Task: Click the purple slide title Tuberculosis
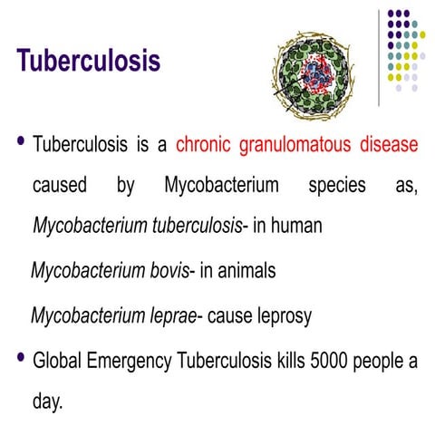[89, 63]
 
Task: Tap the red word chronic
[204, 145]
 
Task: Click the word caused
[61, 187]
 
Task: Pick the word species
[335, 187]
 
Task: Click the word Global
[59, 360]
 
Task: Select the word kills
[294, 360]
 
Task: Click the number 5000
[335, 360]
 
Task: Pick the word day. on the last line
[47, 401]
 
